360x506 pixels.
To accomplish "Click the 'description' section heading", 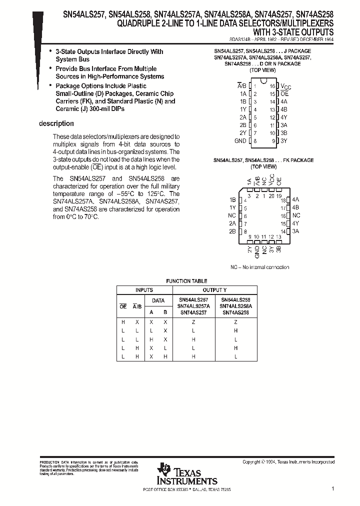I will [x=56, y=124].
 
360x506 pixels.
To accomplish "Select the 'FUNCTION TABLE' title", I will [x=186, y=281].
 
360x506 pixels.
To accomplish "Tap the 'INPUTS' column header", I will [x=144, y=290].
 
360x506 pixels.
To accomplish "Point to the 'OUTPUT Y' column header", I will [x=214, y=290].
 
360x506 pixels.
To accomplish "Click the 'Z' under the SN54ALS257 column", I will [x=193, y=322].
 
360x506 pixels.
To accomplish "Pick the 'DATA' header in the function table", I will [x=158, y=301].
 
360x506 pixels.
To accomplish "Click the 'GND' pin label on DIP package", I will [x=240, y=141].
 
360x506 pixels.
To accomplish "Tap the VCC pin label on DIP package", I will [x=285, y=86].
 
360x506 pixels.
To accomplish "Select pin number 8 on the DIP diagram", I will [x=254, y=141].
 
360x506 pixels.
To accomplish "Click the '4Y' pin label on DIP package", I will [x=283, y=117].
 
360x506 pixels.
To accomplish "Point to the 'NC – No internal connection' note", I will [x=259, y=267].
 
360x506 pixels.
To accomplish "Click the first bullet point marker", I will [x=50, y=51].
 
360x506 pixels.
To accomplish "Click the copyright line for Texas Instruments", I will [x=288, y=462].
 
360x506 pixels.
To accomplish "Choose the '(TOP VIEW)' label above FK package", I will [x=263, y=166].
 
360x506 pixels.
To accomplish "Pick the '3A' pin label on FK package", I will [x=295, y=231].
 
